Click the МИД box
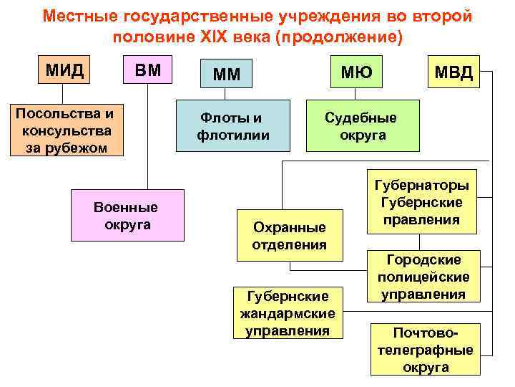coord(64,70)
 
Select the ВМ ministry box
coord(148,70)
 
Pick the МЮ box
coord(355,70)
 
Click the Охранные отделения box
coord(289,235)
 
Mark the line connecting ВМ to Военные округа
coord(148,136)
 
